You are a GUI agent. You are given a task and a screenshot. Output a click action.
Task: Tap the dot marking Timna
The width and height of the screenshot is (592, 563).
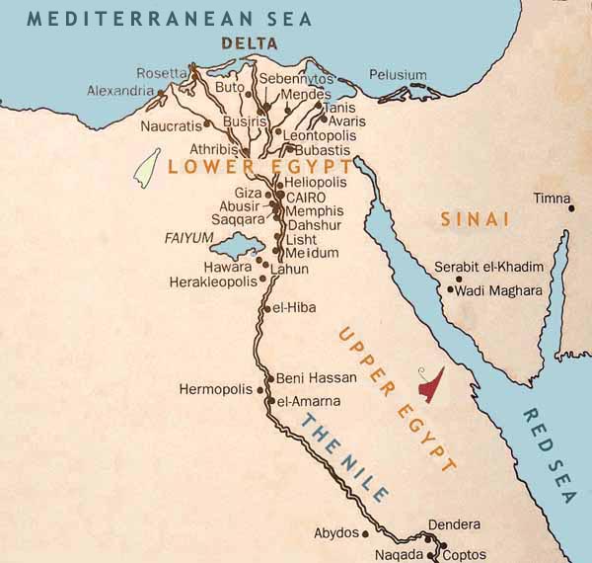click(x=570, y=208)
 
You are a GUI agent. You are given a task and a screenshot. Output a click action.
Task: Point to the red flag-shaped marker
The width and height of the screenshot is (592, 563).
click(x=430, y=384)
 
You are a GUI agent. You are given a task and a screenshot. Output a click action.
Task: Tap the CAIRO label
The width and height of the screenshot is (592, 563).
click(x=305, y=198)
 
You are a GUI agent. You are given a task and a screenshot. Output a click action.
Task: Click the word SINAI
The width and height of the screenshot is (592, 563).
click(x=475, y=218)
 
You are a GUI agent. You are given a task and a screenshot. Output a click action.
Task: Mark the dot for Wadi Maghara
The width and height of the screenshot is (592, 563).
click(x=450, y=289)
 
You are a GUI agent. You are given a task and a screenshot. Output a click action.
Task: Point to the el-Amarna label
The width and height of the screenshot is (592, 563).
click(x=309, y=401)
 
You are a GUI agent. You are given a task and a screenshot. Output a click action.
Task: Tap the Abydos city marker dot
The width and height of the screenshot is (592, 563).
click(x=365, y=533)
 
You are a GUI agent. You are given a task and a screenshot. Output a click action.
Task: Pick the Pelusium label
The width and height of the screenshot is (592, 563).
click(x=398, y=75)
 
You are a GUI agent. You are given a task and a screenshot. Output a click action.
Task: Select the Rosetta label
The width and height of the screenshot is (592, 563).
click(x=162, y=72)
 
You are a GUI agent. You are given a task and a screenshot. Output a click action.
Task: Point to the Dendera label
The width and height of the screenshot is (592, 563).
click(x=455, y=523)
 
